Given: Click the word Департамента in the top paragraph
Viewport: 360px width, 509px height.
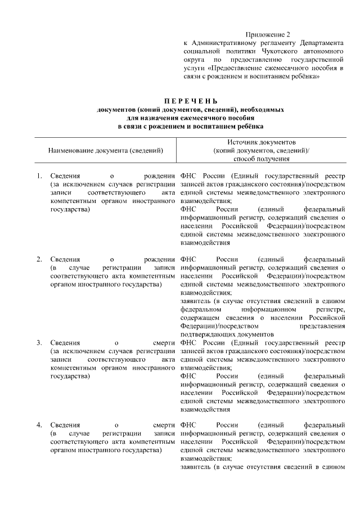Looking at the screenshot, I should [x=322, y=43].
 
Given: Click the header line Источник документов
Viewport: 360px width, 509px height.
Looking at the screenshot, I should [x=262, y=143].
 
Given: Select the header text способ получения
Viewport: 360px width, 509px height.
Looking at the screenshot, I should [x=262, y=159].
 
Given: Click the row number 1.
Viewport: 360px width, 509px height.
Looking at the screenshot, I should [x=39, y=176].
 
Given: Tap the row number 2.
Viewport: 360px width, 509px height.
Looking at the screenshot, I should [x=39, y=259].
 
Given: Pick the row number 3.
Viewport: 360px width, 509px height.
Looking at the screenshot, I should [x=39, y=342].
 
